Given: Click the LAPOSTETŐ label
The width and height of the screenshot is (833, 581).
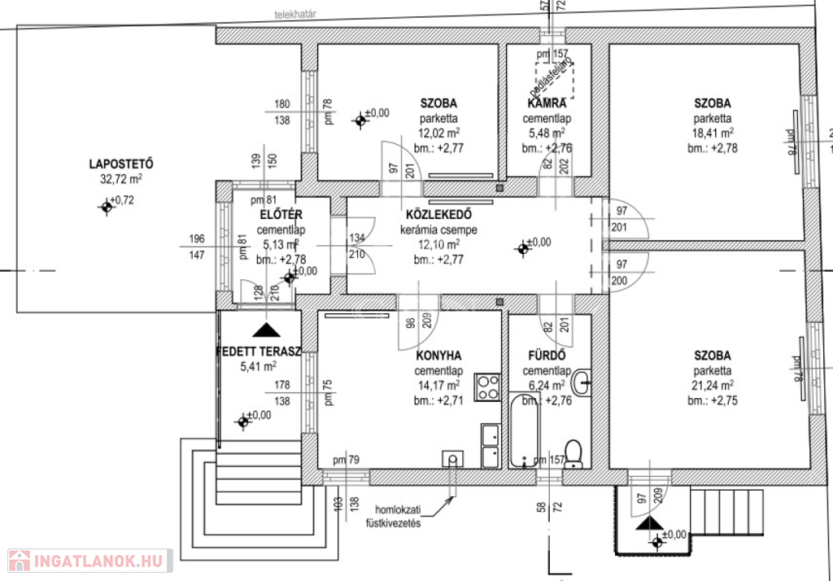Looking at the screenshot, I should pos(121,164).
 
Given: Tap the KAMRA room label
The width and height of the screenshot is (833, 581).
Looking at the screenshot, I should pos(547,103).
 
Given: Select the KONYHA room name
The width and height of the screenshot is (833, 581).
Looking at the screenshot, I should pos(438,356).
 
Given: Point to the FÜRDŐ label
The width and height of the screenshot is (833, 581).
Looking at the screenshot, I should pos(547,356).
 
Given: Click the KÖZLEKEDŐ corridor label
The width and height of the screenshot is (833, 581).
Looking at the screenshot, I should pos(438,216).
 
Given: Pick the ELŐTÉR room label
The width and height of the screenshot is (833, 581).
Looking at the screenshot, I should pos(281,215).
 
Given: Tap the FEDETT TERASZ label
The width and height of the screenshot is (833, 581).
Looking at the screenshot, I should pos(259,352).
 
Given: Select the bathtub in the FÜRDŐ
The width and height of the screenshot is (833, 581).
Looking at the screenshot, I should pos(525,430).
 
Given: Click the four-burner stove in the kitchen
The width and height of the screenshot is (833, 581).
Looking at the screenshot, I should pos(488,386).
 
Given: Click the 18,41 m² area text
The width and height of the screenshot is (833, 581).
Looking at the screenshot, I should pos(712,133).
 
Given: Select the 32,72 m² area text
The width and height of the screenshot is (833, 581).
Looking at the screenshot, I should pos(121,179).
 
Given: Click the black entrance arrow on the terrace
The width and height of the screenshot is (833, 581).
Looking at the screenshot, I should pos(264,330).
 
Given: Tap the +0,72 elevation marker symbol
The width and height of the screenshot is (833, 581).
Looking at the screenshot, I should pos(105,207).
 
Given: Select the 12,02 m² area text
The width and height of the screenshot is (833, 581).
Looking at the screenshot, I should pos(438,133).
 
